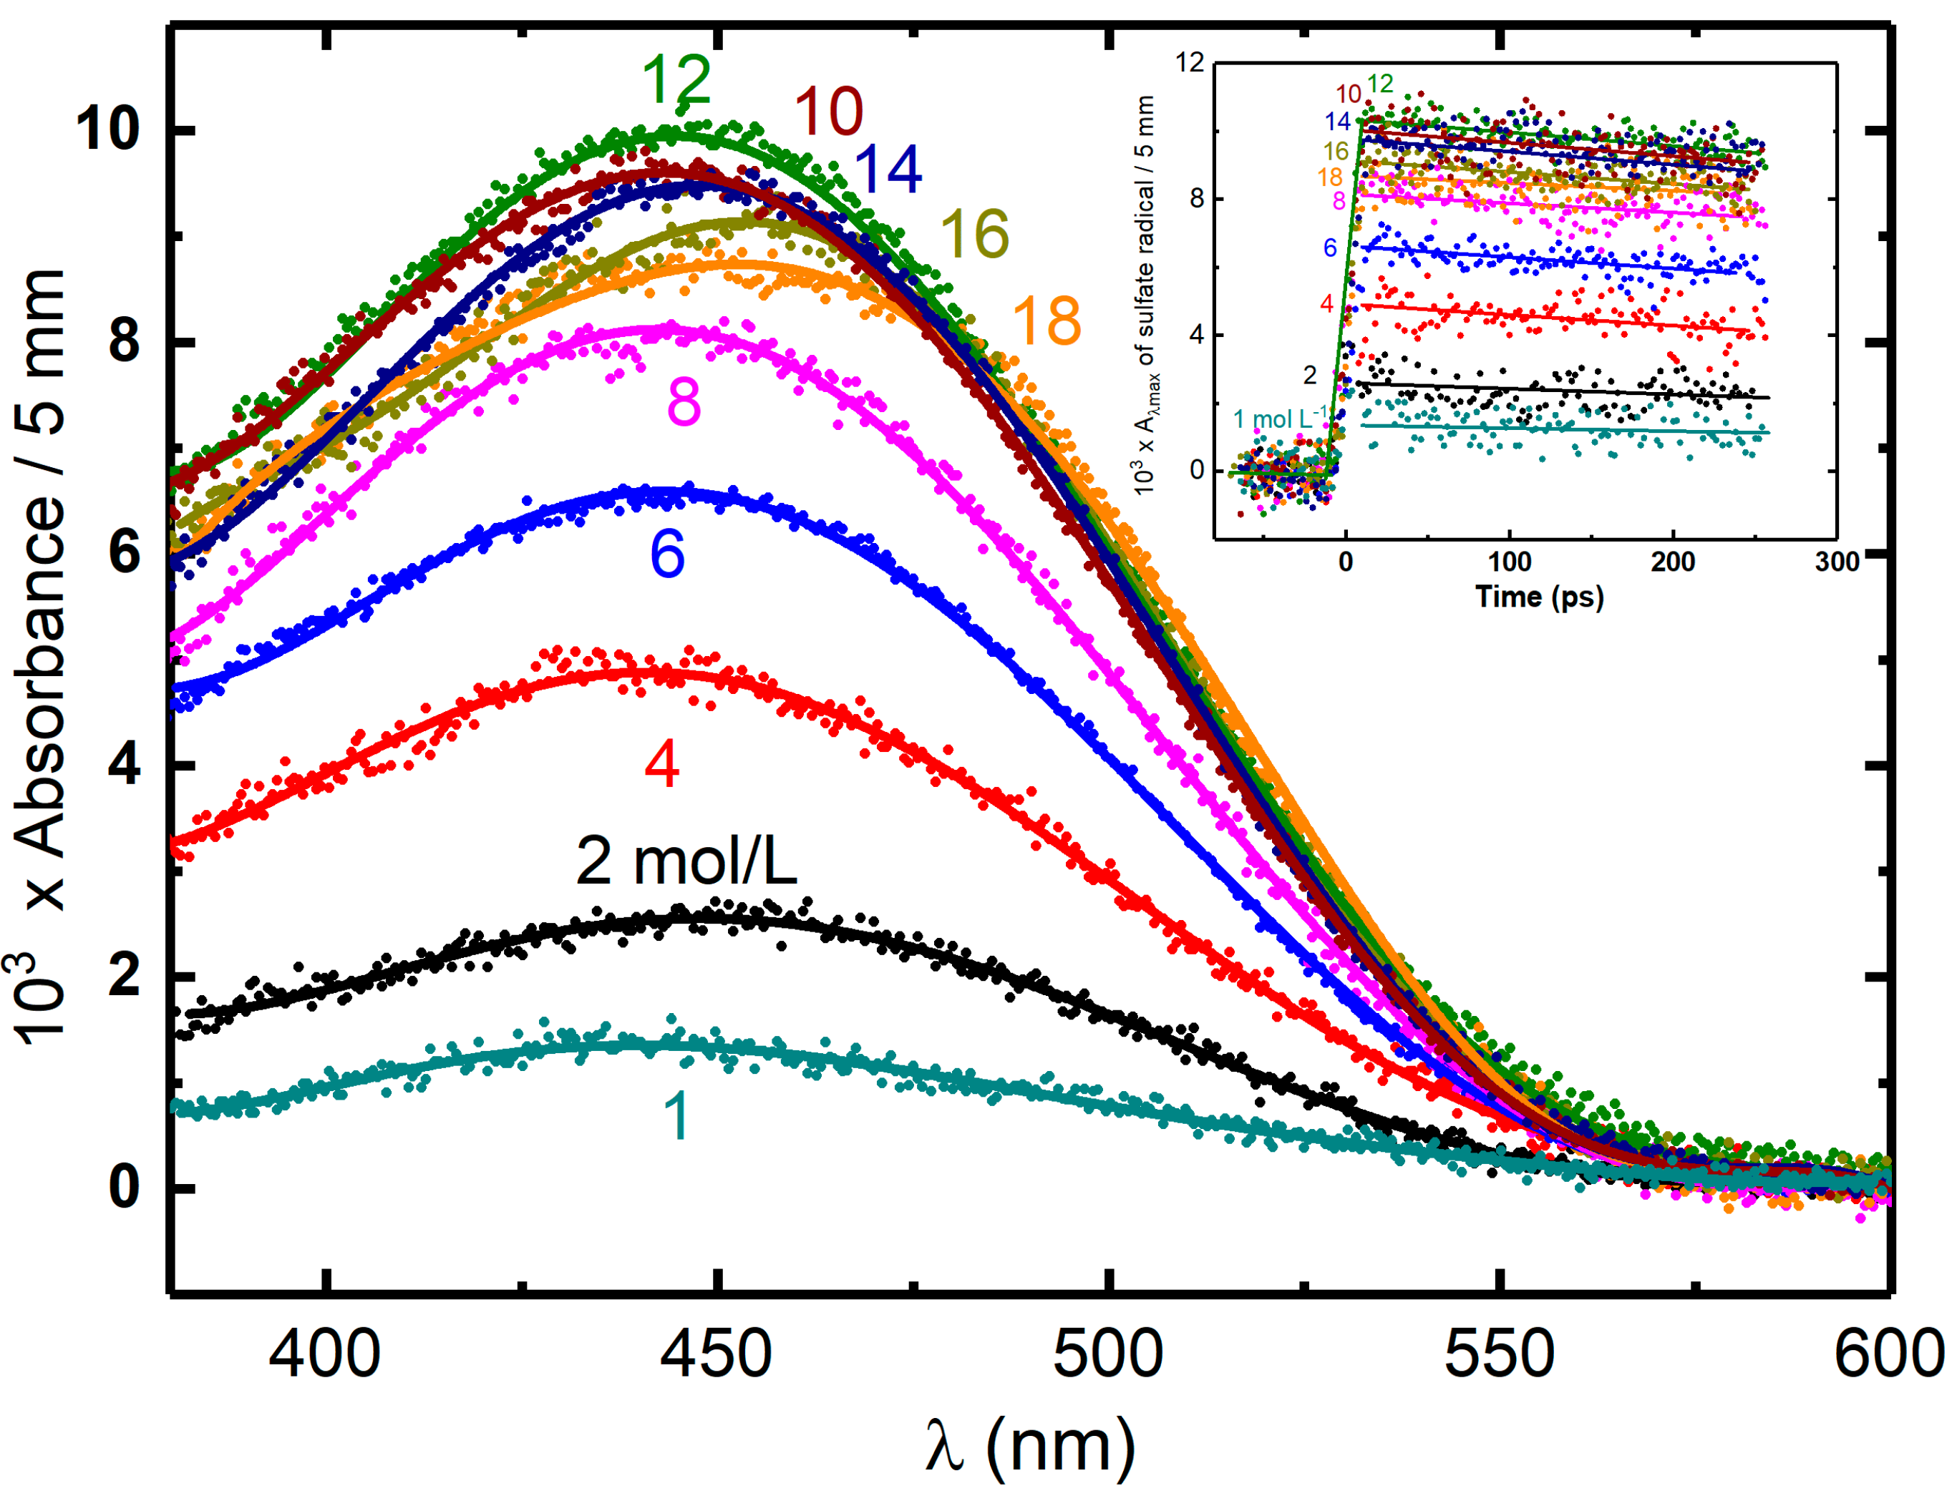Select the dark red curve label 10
[x=828, y=112]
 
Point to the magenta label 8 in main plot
[x=683, y=403]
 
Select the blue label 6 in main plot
[x=667, y=554]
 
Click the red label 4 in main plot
[x=662, y=764]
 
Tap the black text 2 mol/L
[x=685, y=861]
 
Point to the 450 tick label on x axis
[x=715, y=1354]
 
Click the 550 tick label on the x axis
[x=1498, y=1354]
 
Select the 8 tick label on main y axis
[x=124, y=341]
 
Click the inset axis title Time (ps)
[x=1539, y=597]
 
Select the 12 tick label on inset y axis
[x=1189, y=62]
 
